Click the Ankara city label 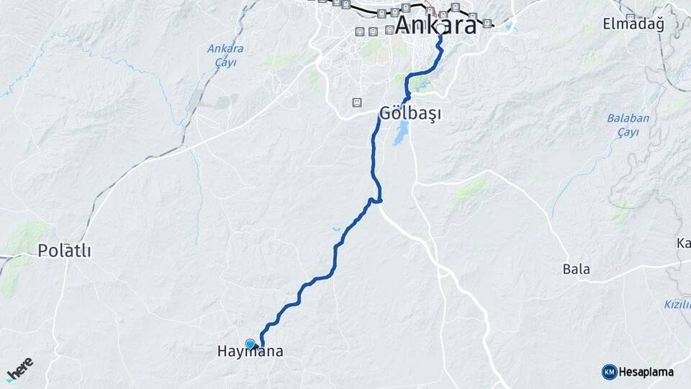tap(436, 25)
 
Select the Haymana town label tap(250, 352)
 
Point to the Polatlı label tap(65, 251)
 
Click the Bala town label tap(577, 269)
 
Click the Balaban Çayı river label tap(628, 125)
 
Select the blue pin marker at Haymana tap(250, 344)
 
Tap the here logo tap(19, 369)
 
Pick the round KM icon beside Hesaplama tap(609, 372)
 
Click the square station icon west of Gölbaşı tap(357, 102)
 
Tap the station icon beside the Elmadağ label tap(631, 17)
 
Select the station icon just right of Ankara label tap(488, 22)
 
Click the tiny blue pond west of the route tap(336, 230)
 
